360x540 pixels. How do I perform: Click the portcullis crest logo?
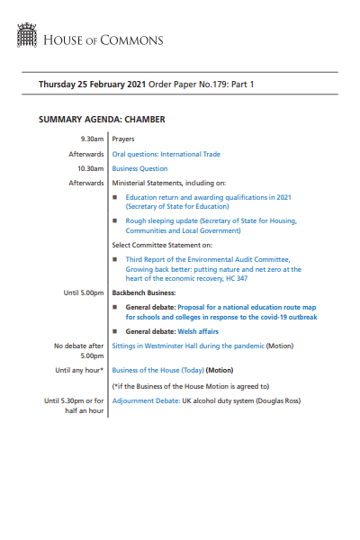pyautogui.click(x=27, y=37)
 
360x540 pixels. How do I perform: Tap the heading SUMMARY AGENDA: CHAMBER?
pyautogui.click(x=102, y=120)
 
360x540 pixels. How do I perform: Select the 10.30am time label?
pyautogui.click(x=90, y=168)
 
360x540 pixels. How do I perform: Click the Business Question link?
pyautogui.click(x=139, y=168)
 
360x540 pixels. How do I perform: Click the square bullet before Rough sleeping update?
pyautogui.click(x=115, y=220)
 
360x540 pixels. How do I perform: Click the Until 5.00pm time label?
pyautogui.click(x=84, y=293)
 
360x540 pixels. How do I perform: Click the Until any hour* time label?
pyautogui.click(x=79, y=370)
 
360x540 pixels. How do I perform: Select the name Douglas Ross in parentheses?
pyautogui.click(x=276, y=400)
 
